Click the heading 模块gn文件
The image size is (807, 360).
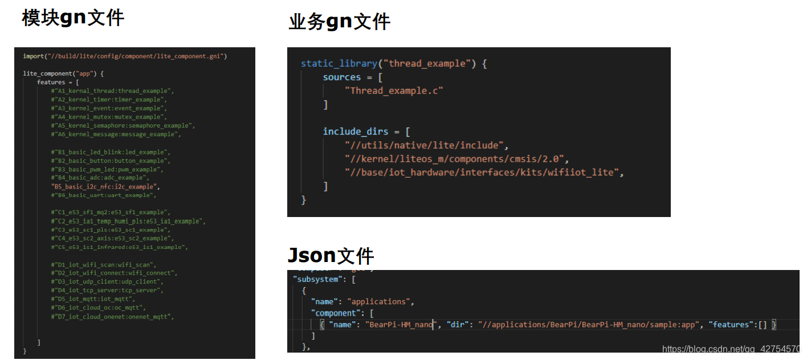point(73,18)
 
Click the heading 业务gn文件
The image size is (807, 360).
point(339,22)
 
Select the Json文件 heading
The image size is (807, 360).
point(331,256)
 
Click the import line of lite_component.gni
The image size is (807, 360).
point(125,56)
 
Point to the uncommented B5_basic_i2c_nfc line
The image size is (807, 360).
point(105,186)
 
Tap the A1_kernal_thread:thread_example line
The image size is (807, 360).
point(112,91)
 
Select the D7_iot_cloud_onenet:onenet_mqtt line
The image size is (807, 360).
point(112,316)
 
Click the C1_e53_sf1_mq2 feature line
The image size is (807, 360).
point(111,212)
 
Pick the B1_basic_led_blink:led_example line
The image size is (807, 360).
point(111,152)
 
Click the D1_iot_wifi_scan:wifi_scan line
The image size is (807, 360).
point(104,265)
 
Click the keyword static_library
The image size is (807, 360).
point(339,64)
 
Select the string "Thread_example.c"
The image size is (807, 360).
point(394,91)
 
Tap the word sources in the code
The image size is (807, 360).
point(342,77)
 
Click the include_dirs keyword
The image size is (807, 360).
point(356,132)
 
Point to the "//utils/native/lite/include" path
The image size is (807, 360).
point(426,145)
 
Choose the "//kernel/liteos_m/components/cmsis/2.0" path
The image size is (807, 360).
point(457,158)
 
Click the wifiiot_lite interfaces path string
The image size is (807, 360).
point(484,172)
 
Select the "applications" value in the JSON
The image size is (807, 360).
point(380,301)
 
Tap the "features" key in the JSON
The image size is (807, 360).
point(732,325)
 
